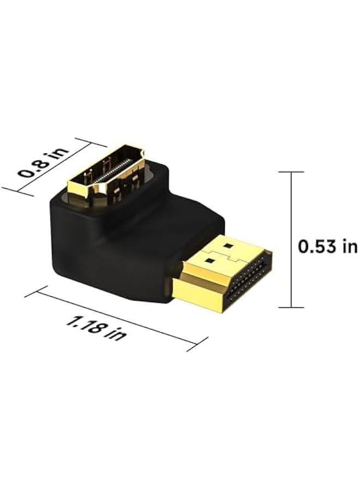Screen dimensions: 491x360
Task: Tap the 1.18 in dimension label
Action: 95,326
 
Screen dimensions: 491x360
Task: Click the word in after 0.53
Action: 349,246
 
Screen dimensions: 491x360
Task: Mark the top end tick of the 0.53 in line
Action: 291,172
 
